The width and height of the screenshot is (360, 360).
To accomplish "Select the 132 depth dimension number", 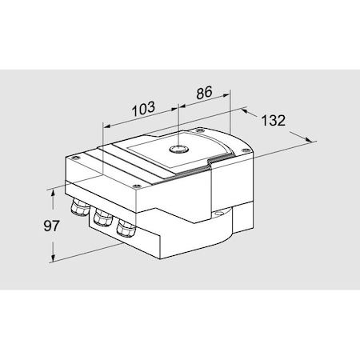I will (x=274, y=122).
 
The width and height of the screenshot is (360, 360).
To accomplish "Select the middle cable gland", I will (x=102, y=218).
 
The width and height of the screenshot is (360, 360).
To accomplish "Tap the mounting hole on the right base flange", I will (x=218, y=214).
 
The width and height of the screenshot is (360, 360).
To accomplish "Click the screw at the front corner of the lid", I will (x=138, y=186).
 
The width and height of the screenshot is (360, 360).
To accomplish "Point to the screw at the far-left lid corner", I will (x=72, y=158).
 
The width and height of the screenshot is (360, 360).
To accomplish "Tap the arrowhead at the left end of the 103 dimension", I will (x=105, y=126).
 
